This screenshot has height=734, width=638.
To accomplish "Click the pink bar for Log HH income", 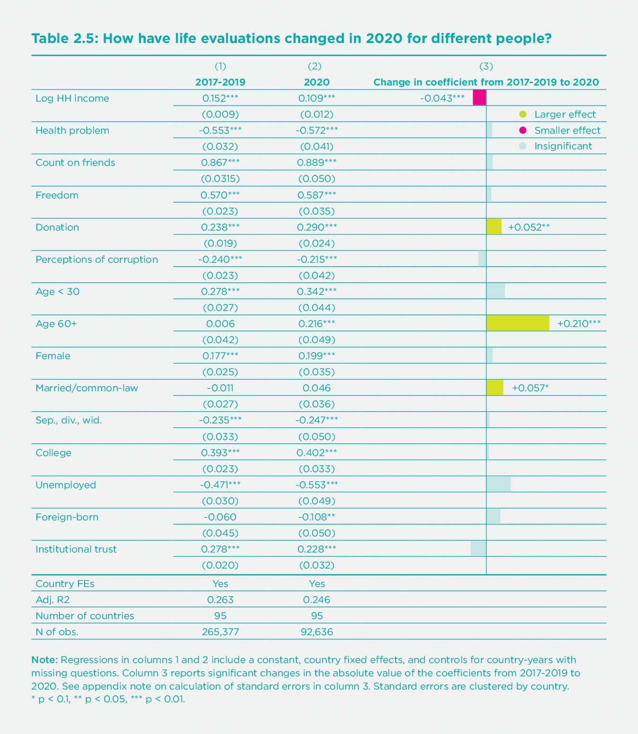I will (479, 98).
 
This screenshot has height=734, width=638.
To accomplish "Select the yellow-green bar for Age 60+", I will (517, 323).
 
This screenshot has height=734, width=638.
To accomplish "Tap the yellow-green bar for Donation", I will (494, 227).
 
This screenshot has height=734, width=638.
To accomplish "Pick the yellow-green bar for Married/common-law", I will (495, 388).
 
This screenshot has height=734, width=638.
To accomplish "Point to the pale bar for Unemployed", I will (499, 484).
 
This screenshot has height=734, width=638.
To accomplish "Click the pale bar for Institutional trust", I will (478, 549).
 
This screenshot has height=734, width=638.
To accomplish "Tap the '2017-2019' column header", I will (220, 82).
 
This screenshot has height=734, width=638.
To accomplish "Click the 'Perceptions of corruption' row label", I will (97, 259).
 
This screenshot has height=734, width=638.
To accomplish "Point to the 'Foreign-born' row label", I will (67, 517).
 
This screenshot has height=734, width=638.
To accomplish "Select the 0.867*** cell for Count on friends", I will (220, 163).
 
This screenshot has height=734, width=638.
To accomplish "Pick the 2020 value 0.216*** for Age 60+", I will (317, 324).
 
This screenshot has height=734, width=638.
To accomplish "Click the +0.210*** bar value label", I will (579, 324).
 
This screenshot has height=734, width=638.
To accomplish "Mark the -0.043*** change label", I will (442, 98).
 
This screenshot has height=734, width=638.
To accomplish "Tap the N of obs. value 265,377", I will (220, 631).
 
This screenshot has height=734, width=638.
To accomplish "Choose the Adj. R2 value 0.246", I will (317, 600).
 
